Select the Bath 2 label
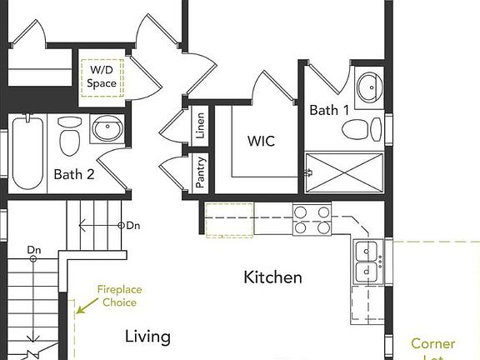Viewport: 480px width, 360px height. click(74, 174)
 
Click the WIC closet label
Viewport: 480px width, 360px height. click(260, 141)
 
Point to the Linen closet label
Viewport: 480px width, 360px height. click(200, 126)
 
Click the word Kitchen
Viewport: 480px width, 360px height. click(272, 277)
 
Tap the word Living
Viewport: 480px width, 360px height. click(147, 337)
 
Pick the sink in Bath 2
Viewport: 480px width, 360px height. click(107, 129)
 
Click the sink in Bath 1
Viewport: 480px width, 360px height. click(367, 85)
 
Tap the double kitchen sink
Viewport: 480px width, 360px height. click(365, 261)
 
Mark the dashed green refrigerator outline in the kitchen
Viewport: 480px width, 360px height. click(229, 219)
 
